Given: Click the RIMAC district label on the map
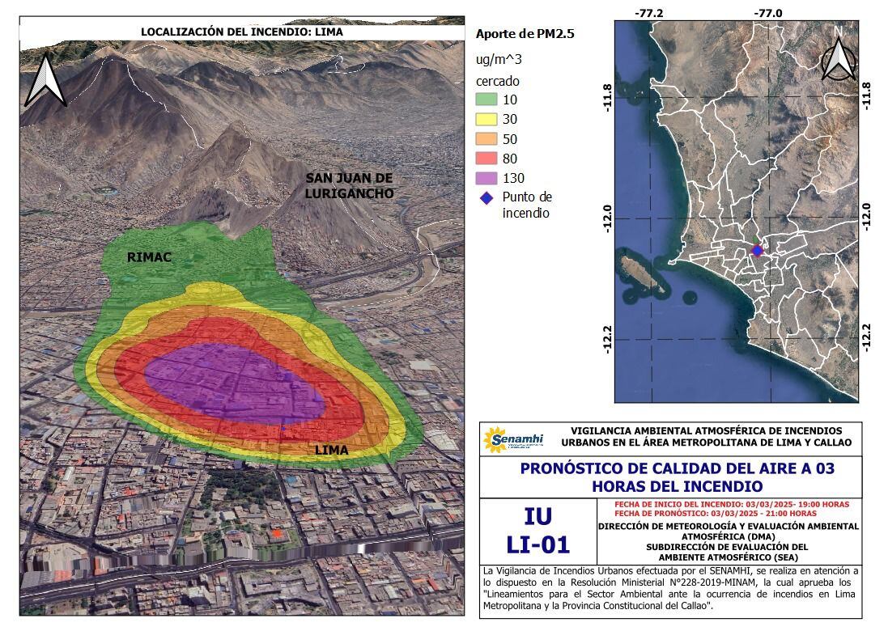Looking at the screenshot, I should point(150,257).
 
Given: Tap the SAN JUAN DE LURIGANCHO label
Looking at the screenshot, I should point(349,186).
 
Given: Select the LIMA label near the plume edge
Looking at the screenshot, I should point(331,450).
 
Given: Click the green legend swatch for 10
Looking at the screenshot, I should point(486,100).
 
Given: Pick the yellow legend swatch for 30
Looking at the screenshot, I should point(486,119).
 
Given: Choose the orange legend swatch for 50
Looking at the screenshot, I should point(486,139).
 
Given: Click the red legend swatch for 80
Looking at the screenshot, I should point(486,159).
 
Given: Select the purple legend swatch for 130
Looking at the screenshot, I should point(486,178).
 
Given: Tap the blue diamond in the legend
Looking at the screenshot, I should point(486,197).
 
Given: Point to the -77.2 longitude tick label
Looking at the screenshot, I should point(649,13).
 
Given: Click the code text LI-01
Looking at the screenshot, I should point(537,544).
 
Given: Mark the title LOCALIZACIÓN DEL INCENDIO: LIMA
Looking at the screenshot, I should point(241,32).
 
